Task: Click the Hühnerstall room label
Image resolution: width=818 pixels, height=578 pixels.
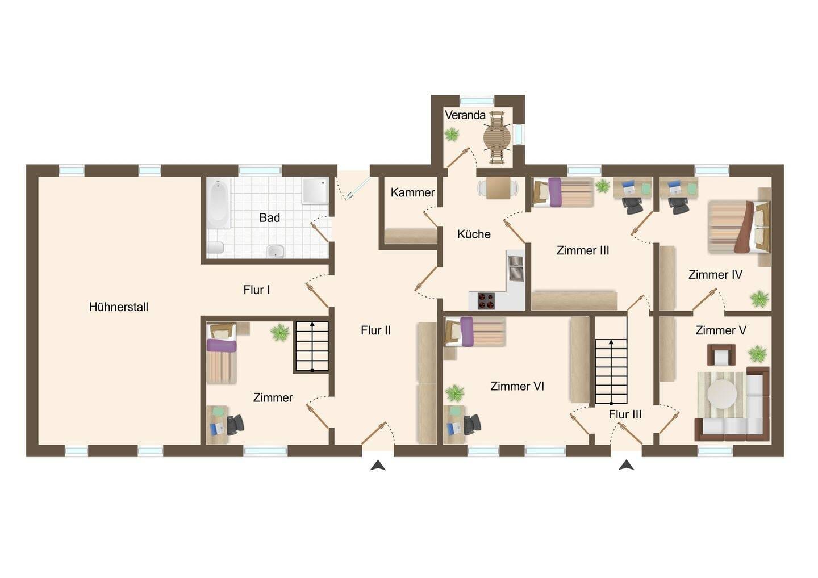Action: pyautogui.click(x=119, y=307)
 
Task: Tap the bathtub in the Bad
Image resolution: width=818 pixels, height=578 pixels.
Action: pyautogui.click(x=219, y=204)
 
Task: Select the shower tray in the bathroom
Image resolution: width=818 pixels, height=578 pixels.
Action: pyautogui.click(x=315, y=191)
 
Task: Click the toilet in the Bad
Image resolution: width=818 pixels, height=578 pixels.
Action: pyautogui.click(x=215, y=248)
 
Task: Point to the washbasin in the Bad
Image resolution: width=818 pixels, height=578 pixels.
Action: pyautogui.click(x=276, y=251)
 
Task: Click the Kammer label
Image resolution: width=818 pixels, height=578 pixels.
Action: pyautogui.click(x=412, y=192)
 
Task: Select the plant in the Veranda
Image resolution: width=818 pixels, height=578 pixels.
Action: pyautogui.click(x=452, y=135)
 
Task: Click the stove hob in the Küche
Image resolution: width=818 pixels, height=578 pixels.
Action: pyautogui.click(x=486, y=301)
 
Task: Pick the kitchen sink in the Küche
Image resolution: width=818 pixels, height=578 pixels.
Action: pyautogui.click(x=516, y=269)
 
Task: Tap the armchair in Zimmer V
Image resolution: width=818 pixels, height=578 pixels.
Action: pyautogui.click(x=721, y=355)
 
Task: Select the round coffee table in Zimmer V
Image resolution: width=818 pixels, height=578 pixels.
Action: pyautogui.click(x=722, y=394)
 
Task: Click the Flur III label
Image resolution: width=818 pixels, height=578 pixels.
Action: pyautogui.click(x=625, y=414)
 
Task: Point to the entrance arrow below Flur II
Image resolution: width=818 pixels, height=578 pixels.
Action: pyautogui.click(x=378, y=466)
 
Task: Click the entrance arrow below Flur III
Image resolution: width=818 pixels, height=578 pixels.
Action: pyautogui.click(x=626, y=465)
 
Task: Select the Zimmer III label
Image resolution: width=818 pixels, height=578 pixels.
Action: pyautogui.click(x=583, y=251)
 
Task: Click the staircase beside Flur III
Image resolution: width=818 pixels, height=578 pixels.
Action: pyautogui.click(x=611, y=371)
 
